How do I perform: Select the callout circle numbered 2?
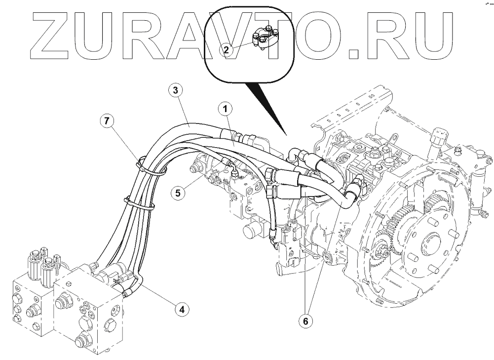point(226,49)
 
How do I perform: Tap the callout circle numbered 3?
point(173,90)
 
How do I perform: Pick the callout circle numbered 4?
point(182,310)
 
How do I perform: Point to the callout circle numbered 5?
point(178,192)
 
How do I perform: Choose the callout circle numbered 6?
point(305,321)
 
